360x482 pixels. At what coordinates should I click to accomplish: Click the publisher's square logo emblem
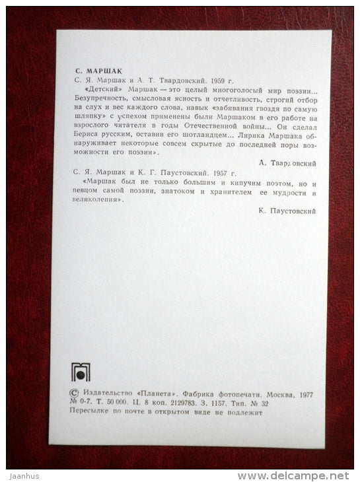(x=80, y=372)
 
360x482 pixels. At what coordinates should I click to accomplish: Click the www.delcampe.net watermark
(x=295, y=475)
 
